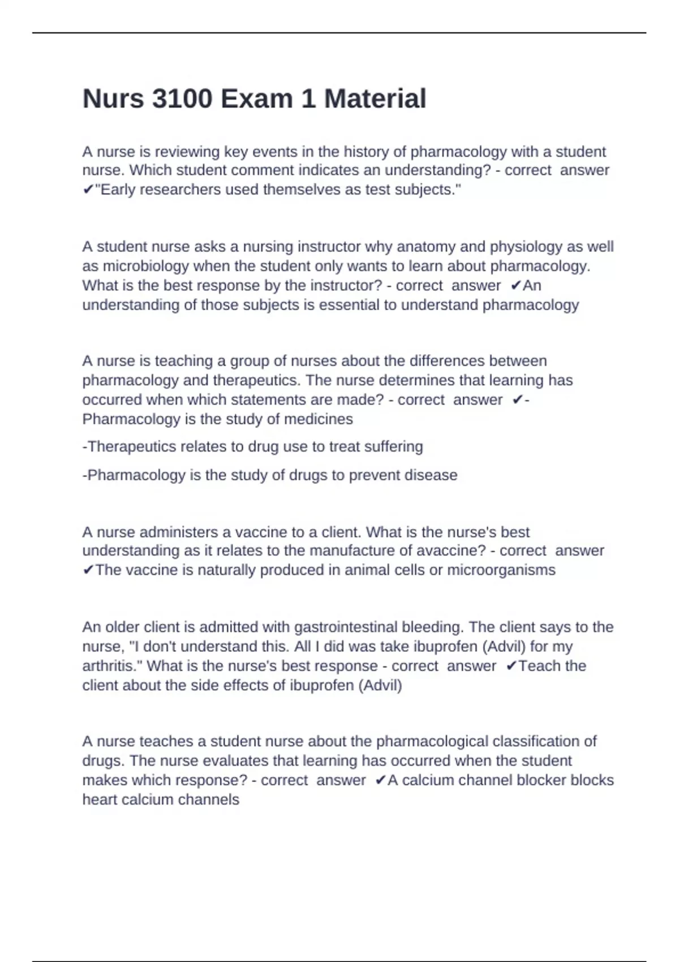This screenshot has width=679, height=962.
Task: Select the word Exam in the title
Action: tap(256, 99)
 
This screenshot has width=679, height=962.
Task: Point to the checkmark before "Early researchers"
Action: tap(88, 190)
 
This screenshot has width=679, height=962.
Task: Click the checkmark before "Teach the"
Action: tap(511, 667)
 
